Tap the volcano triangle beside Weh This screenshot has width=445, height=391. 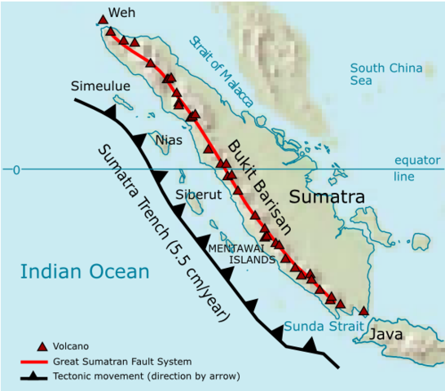103,20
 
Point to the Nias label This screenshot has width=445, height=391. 168,140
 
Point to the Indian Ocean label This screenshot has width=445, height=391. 86,272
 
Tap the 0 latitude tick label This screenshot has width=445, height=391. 15,170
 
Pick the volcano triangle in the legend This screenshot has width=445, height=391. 42,345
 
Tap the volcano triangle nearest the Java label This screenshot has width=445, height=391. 363,311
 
